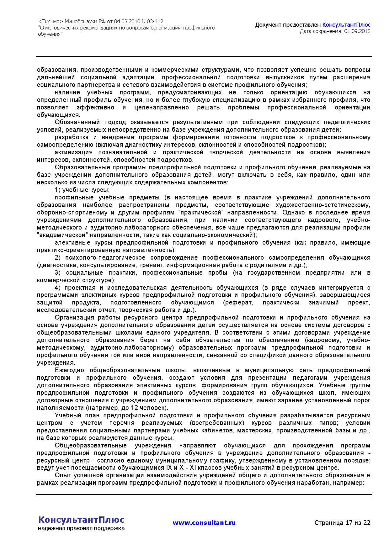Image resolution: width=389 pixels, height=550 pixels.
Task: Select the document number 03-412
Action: click(x=155, y=22)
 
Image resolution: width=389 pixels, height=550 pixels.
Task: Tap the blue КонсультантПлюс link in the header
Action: click(x=346, y=25)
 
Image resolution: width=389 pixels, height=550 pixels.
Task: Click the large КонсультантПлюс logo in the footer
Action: click(x=81, y=520)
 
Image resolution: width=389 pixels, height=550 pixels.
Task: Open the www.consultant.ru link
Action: click(x=204, y=523)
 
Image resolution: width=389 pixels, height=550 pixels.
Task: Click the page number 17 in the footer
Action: click(x=349, y=523)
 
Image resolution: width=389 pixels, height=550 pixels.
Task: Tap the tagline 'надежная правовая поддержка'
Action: click(x=81, y=528)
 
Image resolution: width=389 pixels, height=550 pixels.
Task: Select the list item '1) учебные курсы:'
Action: click(x=82, y=190)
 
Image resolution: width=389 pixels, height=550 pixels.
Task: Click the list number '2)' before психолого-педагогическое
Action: click(x=57, y=258)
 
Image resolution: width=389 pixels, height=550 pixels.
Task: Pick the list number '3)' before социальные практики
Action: click(x=57, y=273)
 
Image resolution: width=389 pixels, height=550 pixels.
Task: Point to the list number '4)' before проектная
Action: click(x=57, y=288)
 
